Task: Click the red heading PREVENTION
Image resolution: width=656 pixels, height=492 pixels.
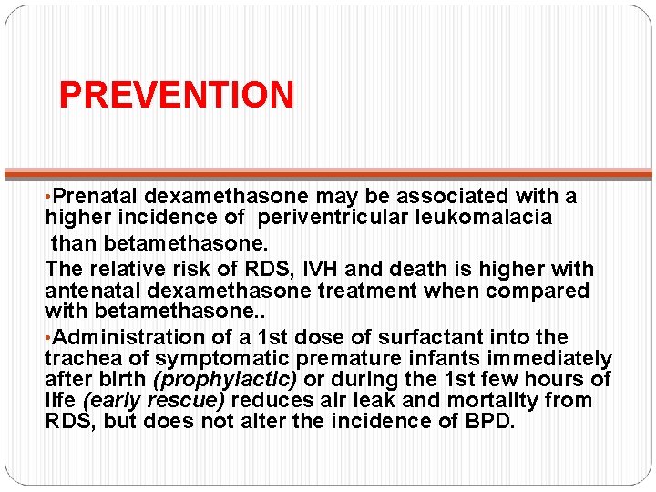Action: pyautogui.click(x=176, y=95)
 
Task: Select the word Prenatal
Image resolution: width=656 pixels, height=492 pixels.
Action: pyautogui.click(x=96, y=196)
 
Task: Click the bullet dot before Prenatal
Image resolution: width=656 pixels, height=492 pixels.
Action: pyautogui.click(x=48, y=197)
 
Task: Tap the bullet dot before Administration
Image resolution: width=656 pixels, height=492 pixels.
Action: pyautogui.click(x=48, y=338)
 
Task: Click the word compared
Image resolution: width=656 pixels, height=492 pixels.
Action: pyautogui.click(x=545, y=291)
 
